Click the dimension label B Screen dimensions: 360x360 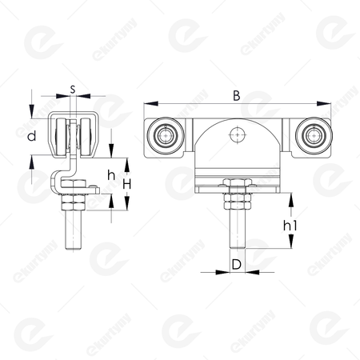[x=236, y=96]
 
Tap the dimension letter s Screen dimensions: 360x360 [x=73, y=89]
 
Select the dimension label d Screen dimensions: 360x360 [x=32, y=136]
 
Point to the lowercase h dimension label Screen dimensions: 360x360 [x=111, y=175]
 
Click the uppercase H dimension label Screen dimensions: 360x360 [x=127, y=184]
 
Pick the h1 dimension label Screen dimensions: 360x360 [x=290, y=226]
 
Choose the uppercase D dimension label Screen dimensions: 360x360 [x=237, y=264]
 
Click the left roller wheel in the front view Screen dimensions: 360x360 [x=166, y=135]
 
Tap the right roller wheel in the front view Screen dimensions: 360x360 [x=314, y=135]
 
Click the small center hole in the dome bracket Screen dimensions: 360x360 [x=238, y=135]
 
